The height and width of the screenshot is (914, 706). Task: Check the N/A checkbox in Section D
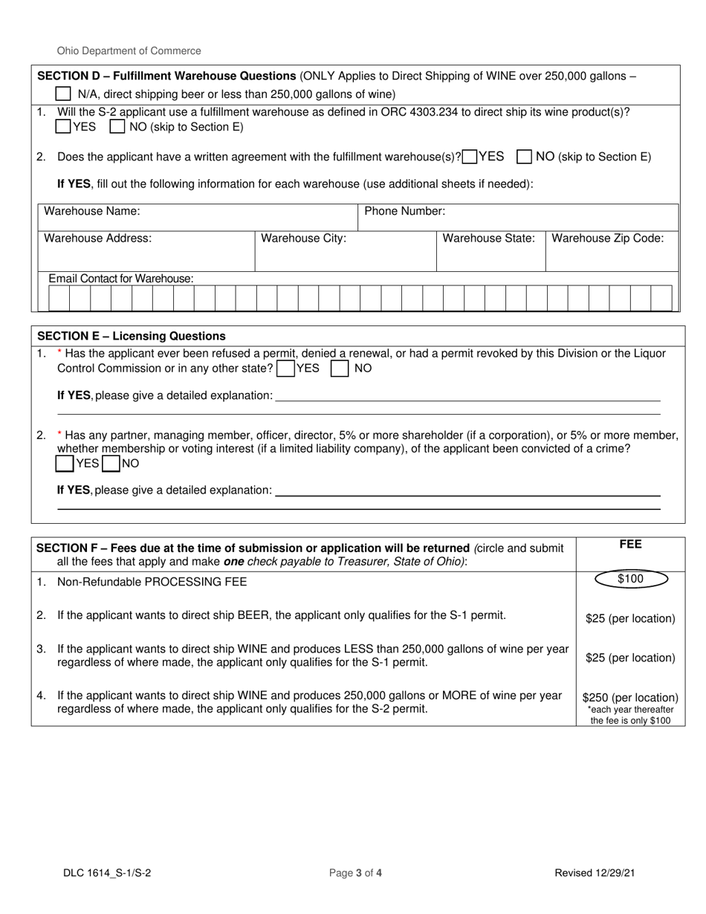(64, 94)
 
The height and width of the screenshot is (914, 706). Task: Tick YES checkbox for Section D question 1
(64, 127)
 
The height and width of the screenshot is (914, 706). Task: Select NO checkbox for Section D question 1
(117, 127)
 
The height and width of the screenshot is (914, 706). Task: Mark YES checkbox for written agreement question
(470, 157)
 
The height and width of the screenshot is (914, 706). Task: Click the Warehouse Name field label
(92, 212)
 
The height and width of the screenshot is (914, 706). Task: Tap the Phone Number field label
(404, 212)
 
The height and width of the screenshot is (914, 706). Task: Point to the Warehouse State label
(488, 239)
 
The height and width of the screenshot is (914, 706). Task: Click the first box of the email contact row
(59, 299)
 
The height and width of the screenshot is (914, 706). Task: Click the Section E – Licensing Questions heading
(131, 336)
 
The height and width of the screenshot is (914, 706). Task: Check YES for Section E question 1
(284, 369)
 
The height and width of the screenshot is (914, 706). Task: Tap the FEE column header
(630, 545)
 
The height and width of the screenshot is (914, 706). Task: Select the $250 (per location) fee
(630, 698)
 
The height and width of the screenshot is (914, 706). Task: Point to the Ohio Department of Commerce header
(129, 51)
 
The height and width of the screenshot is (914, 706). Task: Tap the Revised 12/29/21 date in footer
(595, 874)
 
